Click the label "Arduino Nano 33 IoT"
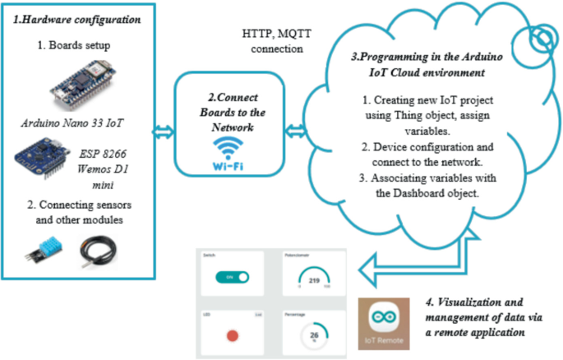[77, 124]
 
